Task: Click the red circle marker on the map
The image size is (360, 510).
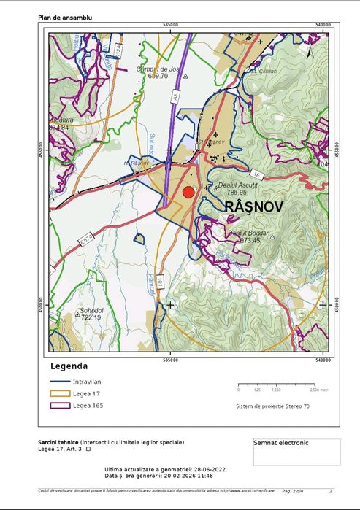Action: tap(188, 193)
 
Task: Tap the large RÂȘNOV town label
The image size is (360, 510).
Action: tap(253, 207)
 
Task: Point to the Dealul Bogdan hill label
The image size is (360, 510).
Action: tap(249, 233)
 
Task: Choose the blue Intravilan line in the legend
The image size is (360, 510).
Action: tap(59, 382)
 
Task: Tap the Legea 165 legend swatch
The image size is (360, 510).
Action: tap(59, 406)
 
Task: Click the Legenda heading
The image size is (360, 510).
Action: tap(69, 366)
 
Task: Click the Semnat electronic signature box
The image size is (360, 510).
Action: tap(296, 452)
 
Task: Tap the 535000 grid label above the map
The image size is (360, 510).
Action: tap(171, 25)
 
